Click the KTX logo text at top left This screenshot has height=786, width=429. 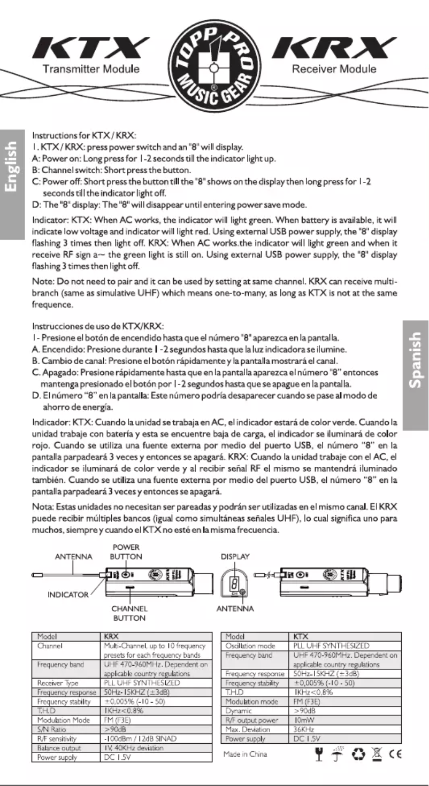[x=90, y=50]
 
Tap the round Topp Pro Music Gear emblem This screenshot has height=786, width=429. [x=214, y=63]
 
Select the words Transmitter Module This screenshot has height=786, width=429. [x=91, y=69]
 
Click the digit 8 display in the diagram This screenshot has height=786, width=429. [x=232, y=580]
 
